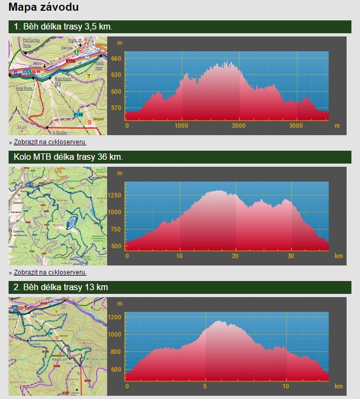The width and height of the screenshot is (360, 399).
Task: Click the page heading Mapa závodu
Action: coord(44,8)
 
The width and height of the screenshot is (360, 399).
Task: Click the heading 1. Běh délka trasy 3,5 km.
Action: coord(63,27)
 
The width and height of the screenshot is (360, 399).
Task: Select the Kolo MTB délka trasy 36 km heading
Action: coord(69,157)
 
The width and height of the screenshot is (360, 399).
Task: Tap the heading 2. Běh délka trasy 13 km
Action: coord(61,287)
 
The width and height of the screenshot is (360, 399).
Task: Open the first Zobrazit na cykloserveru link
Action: coord(50,142)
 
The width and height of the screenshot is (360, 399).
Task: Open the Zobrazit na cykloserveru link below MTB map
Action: coord(50,272)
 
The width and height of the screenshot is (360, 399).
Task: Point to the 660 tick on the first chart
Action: coord(116,58)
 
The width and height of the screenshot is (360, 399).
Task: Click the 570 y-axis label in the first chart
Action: coord(116,108)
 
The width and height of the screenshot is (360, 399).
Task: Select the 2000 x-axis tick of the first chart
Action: coord(238,126)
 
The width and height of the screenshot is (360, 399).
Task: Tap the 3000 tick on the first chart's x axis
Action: coord(296,126)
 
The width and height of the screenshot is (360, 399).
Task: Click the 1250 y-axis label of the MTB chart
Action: coord(115,195)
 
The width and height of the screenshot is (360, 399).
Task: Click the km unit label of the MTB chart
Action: coord(339,256)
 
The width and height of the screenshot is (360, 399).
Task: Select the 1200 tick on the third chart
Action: coord(115,317)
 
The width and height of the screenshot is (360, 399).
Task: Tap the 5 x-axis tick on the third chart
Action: coord(205,386)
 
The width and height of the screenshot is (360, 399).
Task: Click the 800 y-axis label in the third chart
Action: coord(116,352)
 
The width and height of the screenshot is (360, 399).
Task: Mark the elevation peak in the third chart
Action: coord(218,321)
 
